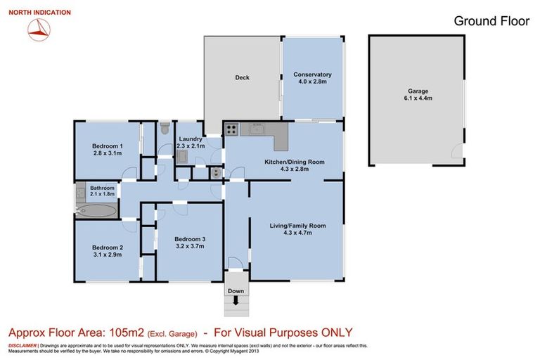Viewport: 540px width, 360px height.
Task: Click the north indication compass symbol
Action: [39, 28]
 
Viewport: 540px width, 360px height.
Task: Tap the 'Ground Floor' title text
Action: [491, 21]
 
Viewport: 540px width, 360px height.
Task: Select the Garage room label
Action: [418, 91]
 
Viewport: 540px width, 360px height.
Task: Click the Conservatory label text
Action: [313, 75]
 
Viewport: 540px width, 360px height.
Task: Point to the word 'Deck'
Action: [242, 78]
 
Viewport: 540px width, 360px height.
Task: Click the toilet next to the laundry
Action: [165, 129]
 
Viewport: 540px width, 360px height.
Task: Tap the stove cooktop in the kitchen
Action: [231, 129]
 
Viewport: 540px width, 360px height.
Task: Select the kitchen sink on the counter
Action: [255, 129]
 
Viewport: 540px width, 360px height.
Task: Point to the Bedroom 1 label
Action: [108, 146]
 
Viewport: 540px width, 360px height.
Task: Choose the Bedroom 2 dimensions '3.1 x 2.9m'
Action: [107, 255]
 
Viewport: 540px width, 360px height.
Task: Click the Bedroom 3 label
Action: [189, 239]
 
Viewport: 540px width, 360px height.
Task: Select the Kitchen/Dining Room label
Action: [294, 162]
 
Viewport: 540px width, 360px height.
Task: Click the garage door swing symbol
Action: [458, 150]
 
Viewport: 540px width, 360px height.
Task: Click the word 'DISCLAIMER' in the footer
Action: [22, 346]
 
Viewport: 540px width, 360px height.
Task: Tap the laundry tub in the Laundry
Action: [181, 157]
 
